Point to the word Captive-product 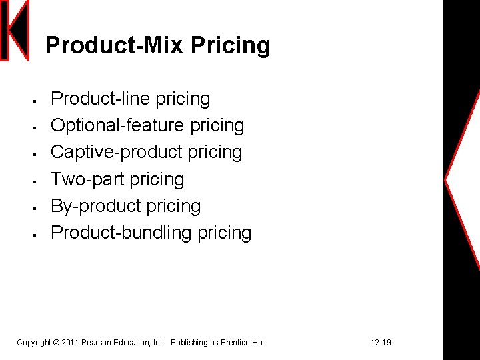(x=116, y=153)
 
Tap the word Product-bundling (x=121, y=233)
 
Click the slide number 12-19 (x=381, y=343)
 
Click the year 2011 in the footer (x=69, y=343)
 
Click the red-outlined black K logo (x=15, y=30)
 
